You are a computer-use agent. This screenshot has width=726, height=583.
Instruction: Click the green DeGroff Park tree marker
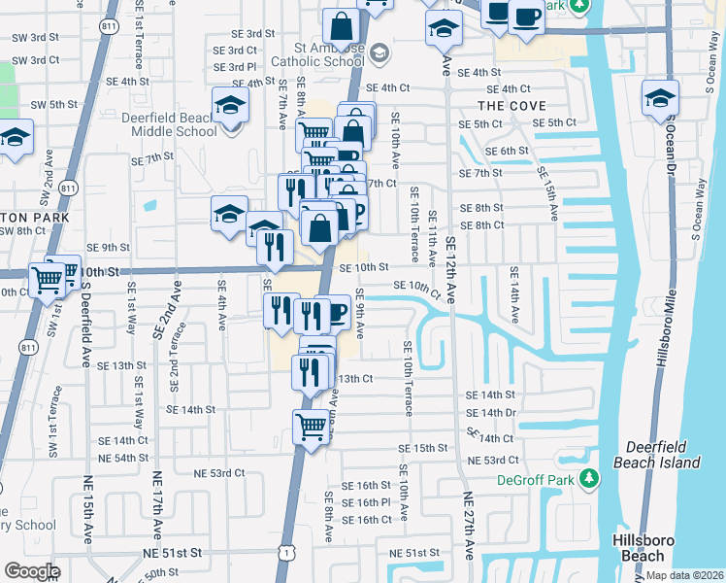click(587, 478)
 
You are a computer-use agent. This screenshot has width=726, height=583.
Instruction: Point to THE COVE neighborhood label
click(511, 105)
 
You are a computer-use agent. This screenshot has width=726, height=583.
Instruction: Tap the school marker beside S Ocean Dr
click(660, 98)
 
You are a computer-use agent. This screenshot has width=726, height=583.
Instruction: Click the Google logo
click(32, 571)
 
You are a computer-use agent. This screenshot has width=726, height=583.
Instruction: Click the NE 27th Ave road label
click(469, 525)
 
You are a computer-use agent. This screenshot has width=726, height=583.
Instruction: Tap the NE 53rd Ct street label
click(219, 473)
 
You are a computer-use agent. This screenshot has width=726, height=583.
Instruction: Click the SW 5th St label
click(53, 105)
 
